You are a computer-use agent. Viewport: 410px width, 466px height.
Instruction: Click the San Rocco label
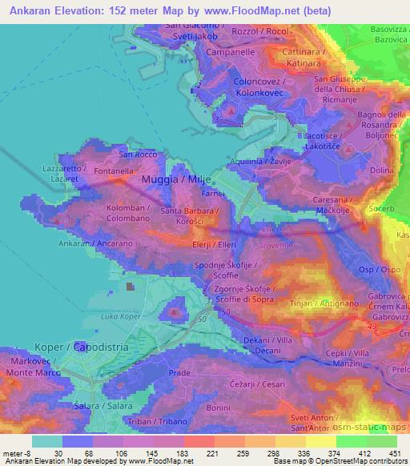pyautogui.click(x=135, y=154)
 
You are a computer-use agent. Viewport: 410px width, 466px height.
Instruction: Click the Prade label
pyautogui.click(x=179, y=373)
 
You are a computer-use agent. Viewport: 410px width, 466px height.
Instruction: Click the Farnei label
pyautogui.click(x=211, y=194)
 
